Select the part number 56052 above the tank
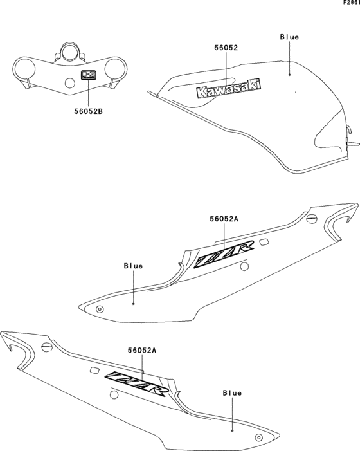pyautogui.click(x=226, y=48)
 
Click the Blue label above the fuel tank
pyautogui.click(x=289, y=37)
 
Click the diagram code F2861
pyautogui.click(x=349, y=3)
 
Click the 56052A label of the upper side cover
pyautogui.click(x=224, y=219)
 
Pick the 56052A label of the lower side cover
pyautogui.click(x=142, y=350)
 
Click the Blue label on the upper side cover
pyautogui.click(x=133, y=265)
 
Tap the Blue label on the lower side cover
pyautogui.click(x=232, y=392)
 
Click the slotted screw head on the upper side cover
pyautogui.click(x=313, y=219)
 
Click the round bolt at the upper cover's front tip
pyautogui.click(x=100, y=309)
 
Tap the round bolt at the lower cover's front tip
pyautogui.click(x=259, y=437)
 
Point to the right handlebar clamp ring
pyautogui.click(x=120, y=68)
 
